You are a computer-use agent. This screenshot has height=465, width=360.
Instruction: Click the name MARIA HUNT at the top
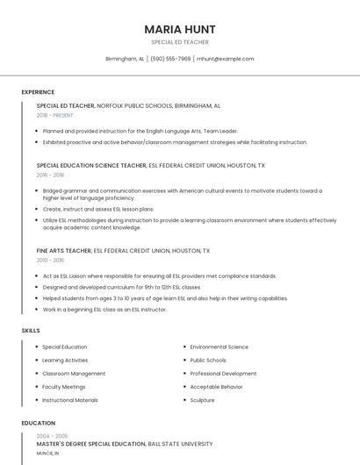(x=179, y=29)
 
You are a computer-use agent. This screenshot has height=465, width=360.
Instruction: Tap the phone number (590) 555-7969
(x=170, y=59)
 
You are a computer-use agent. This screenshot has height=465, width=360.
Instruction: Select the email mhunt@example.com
(x=225, y=59)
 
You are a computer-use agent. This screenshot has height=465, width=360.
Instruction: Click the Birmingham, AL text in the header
(x=125, y=59)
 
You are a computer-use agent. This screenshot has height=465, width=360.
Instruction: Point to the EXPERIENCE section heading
(x=38, y=92)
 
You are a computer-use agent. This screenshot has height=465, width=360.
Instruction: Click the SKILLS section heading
(x=31, y=330)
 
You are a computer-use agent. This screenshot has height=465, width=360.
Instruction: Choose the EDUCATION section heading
(x=38, y=423)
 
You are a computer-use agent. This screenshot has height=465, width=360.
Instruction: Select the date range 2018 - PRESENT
(x=55, y=115)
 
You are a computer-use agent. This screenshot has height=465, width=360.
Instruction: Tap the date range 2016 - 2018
(x=50, y=175)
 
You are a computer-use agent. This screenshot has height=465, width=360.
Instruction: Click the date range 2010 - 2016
(x=50, y=261)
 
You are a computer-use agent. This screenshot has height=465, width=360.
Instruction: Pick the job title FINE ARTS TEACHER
(x=63, y=251)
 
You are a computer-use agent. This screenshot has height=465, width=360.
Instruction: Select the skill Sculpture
(x=202, y=400)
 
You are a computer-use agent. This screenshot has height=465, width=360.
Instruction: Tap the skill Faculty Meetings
(x=64, y=387)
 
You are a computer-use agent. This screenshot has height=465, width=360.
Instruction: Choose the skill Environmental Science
(x=219, y=347)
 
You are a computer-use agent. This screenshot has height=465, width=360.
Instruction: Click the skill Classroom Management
(x=74, y=374)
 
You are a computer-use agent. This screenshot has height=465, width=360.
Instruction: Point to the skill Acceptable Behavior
(x=216, y=387)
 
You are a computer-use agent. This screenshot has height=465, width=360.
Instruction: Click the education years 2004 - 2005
(x=52, y=436)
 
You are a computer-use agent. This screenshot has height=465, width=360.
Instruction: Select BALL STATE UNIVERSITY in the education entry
(x=180, y=444)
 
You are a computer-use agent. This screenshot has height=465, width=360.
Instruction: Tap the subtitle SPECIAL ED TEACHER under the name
(x=179, y=41)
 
